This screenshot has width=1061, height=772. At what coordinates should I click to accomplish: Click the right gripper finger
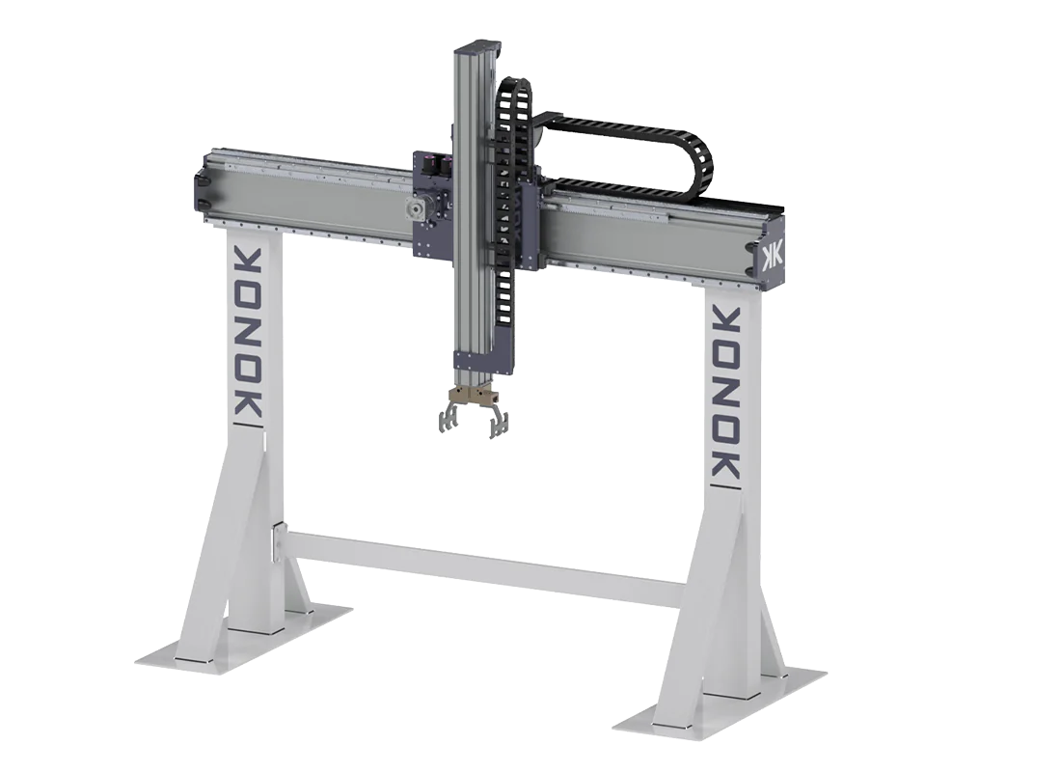498,421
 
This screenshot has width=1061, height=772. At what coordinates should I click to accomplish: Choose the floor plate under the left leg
244,637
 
